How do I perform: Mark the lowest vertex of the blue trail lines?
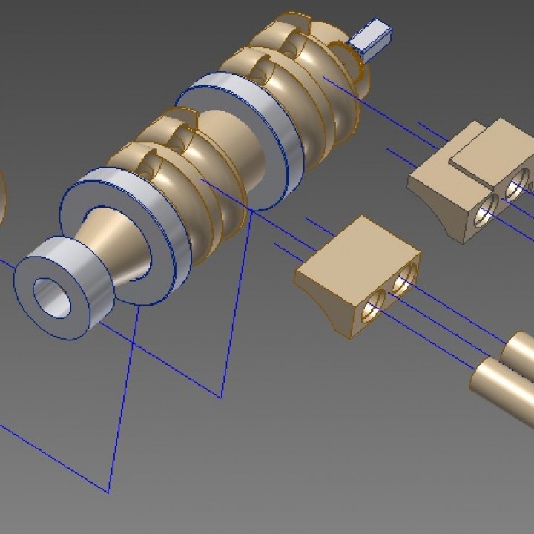point(109,492)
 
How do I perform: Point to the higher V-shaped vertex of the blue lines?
point(221,397)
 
